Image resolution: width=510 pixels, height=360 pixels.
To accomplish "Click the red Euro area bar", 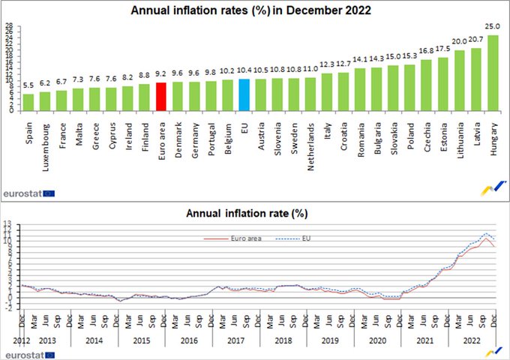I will tap(160, 96).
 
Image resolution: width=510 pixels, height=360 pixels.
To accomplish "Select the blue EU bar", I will tap(244, 94).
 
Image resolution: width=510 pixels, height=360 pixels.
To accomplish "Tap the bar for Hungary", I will tap(493, 73).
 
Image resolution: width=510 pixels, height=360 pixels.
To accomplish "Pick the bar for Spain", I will tap(28, 102).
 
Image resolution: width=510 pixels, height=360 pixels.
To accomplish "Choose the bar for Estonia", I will tap(443, 85).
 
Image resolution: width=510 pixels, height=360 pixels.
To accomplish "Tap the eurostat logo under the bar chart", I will tap(28, 193).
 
